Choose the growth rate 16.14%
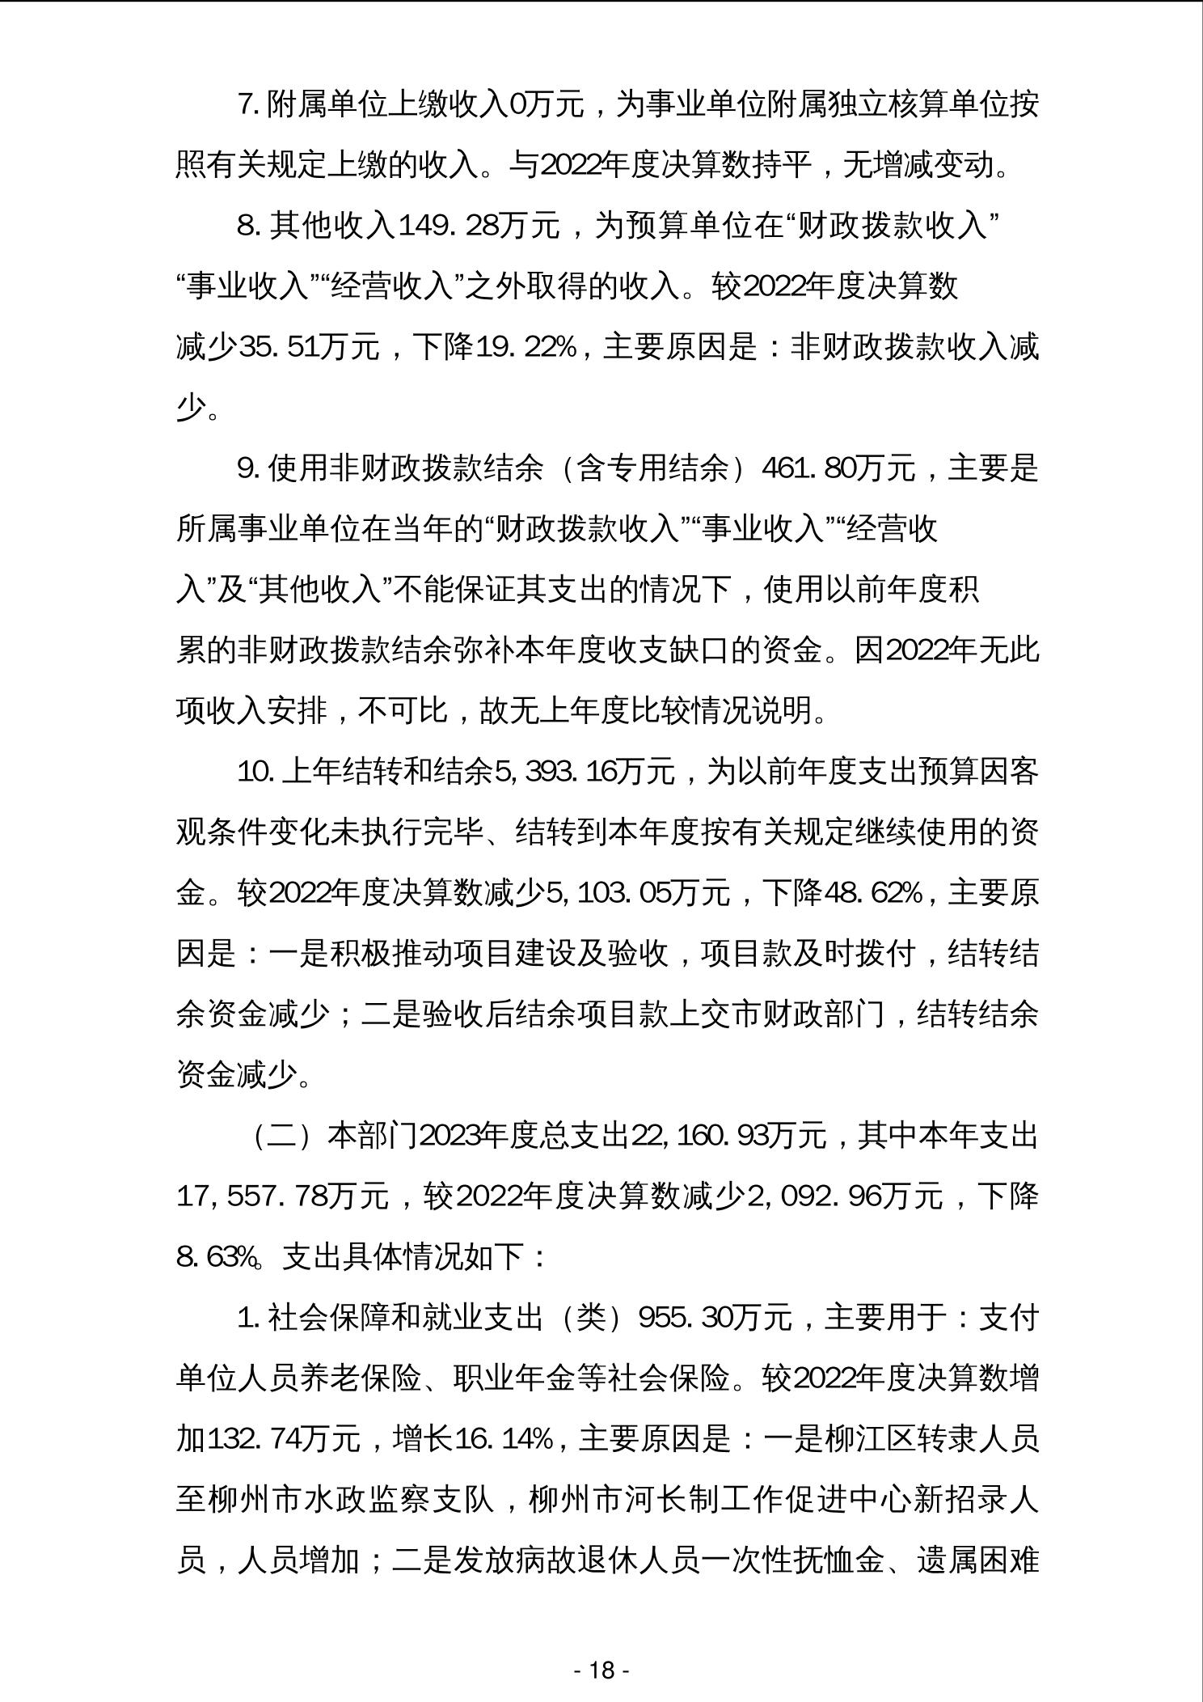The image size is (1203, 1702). point(504,1439)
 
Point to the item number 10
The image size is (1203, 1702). point(255,772)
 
